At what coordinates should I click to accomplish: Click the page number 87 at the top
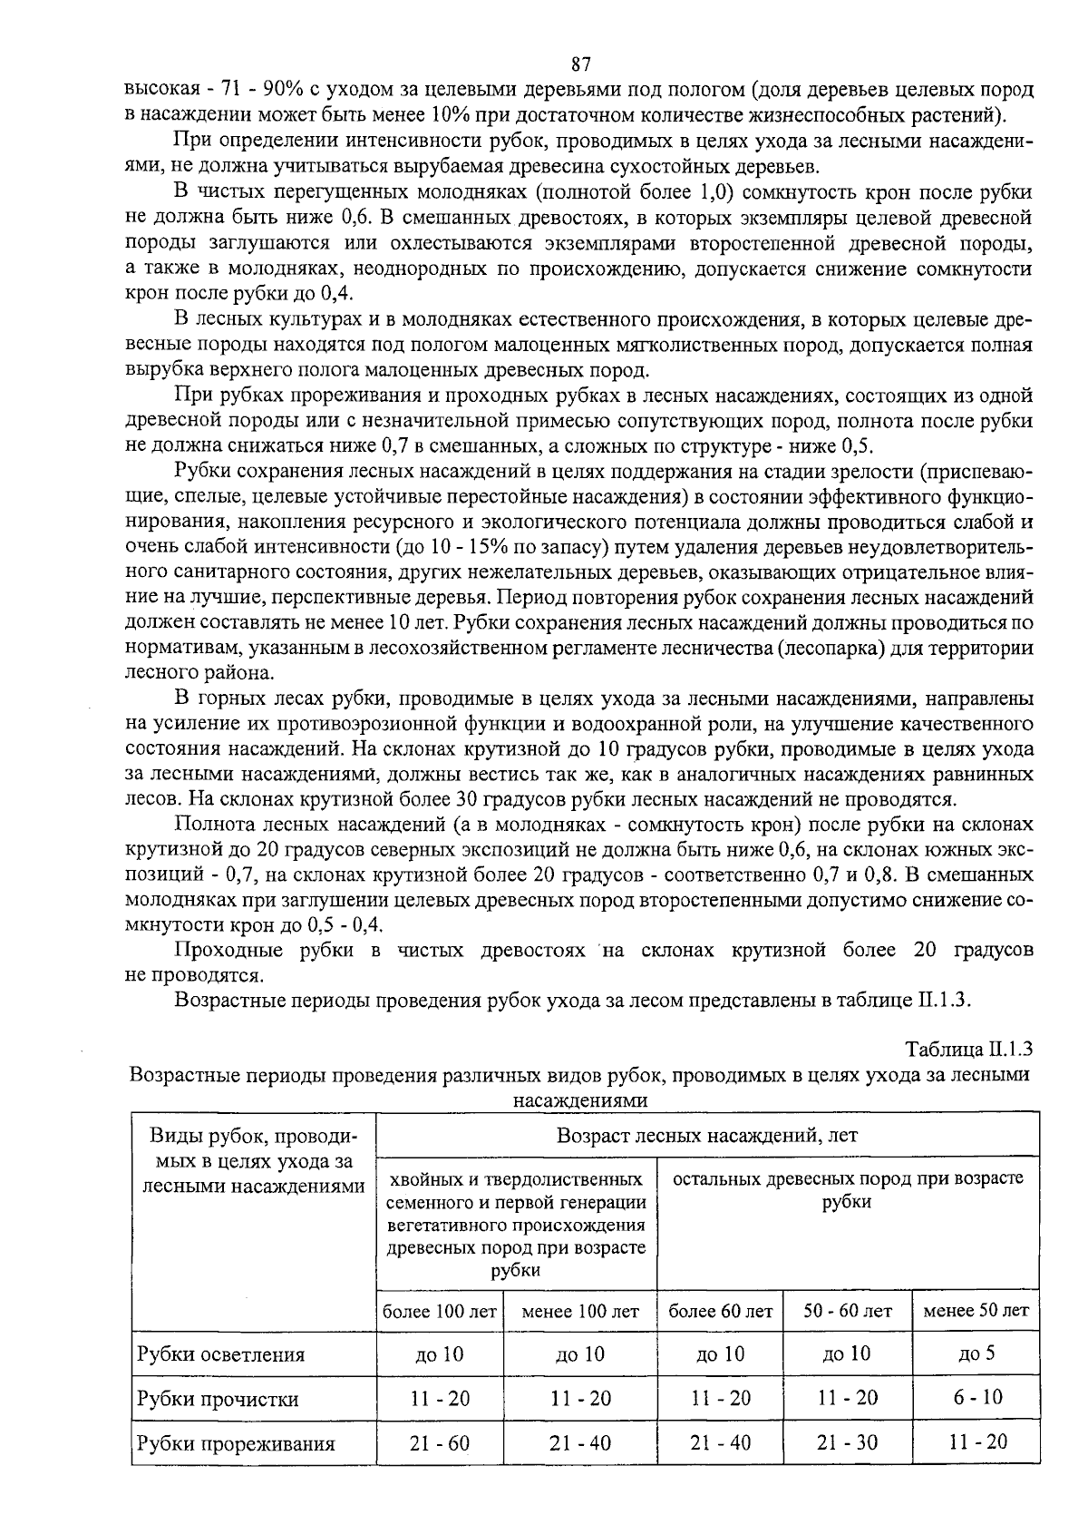581,64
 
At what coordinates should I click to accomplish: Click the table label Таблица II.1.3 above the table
969,1050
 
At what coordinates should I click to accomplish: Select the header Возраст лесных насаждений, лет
706,1135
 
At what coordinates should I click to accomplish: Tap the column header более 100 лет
440,1311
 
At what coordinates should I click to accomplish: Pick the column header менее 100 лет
580,1311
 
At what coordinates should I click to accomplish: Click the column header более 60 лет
720,1311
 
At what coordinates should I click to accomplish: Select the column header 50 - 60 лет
848,1311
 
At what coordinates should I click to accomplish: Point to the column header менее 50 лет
976,1311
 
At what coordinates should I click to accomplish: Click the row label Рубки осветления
220,1354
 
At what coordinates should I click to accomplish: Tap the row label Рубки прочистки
218,1399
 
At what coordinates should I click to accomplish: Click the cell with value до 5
976,1353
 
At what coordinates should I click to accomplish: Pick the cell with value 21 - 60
440,1442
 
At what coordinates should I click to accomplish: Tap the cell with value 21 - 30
848,1442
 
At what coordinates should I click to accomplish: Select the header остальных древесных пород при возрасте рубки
848,1189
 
